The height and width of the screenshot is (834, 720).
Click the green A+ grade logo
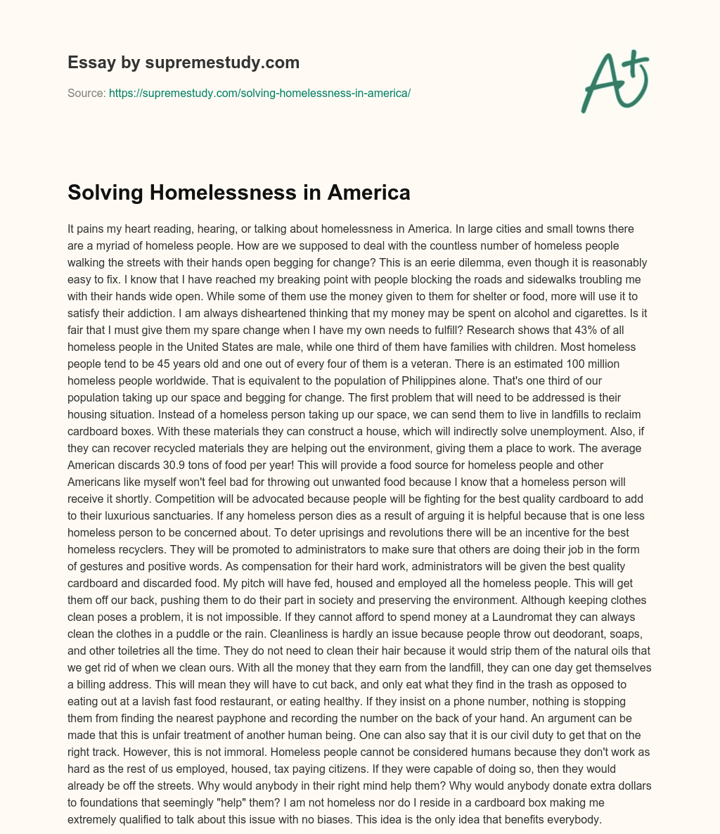click(614, 81)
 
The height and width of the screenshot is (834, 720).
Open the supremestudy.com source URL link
click(259, 93)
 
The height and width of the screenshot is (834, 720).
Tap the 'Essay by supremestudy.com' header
click(184, 63)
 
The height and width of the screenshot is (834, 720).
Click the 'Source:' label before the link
click(86, 93)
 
